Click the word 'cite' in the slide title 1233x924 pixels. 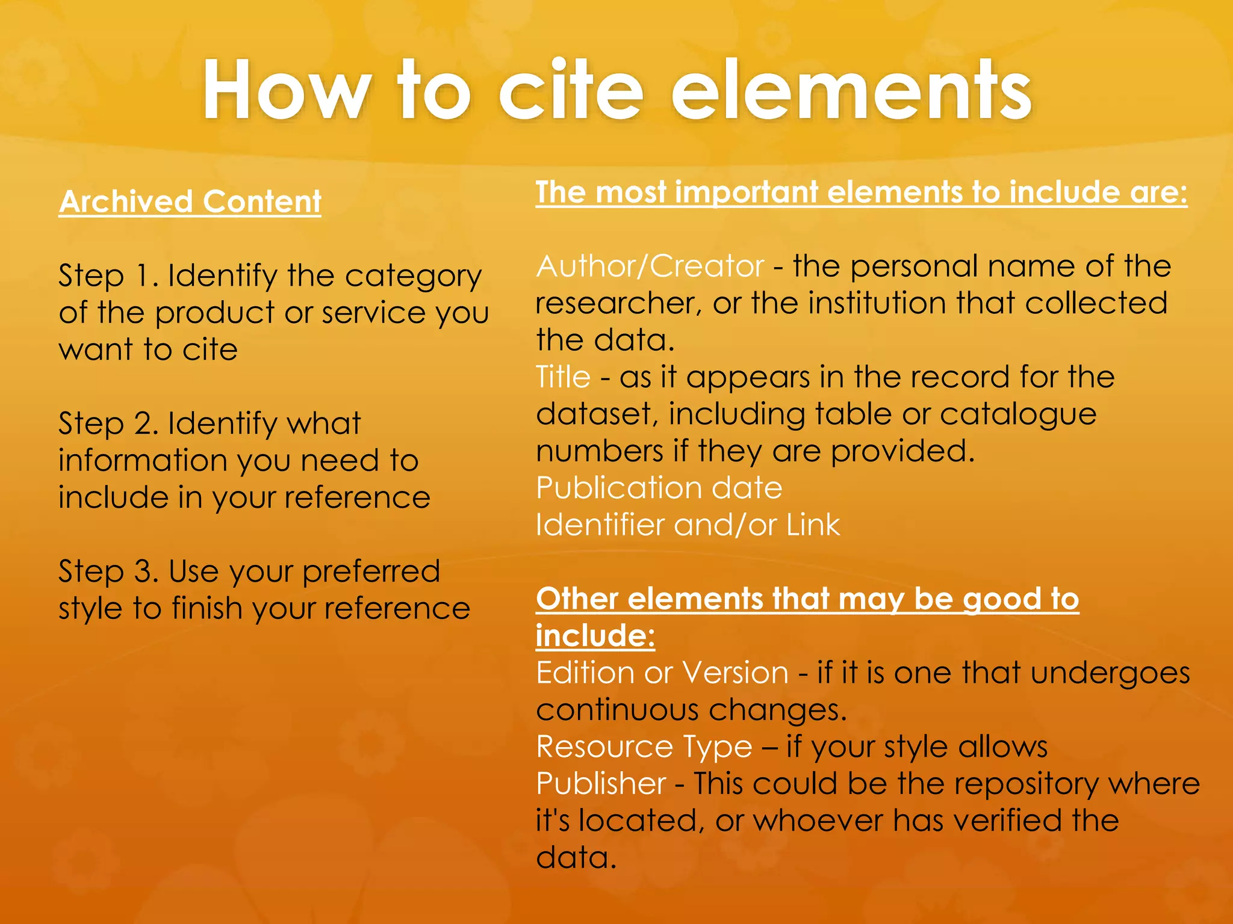[x=571, y=91]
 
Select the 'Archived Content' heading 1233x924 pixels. [x=190, y=202]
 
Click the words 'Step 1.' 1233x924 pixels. [x=108, y=276]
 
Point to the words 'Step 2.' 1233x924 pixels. [x=108, y=423]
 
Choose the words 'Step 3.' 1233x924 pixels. [x=108, y=571]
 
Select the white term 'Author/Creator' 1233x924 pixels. [x=650, y=266]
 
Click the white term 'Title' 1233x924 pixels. [x=563, y=378]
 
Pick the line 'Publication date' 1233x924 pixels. [x=659, y=488]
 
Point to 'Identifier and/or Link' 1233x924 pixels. [x=688, y=525]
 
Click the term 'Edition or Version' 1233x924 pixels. [x=662, y=673]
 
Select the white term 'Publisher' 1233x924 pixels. [x=601, y=784]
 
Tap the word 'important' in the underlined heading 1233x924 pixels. [x=747, y=192]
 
